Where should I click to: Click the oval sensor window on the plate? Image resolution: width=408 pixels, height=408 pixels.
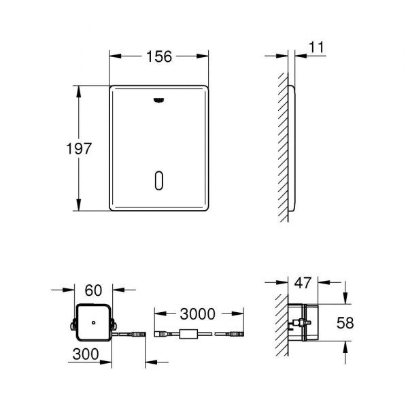pos(158,181)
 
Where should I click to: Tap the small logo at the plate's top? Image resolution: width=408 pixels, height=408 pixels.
pos(158,101)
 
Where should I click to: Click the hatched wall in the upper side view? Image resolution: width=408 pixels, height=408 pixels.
pos(283,150)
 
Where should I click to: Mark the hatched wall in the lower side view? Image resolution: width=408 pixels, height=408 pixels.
pos(281,323)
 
